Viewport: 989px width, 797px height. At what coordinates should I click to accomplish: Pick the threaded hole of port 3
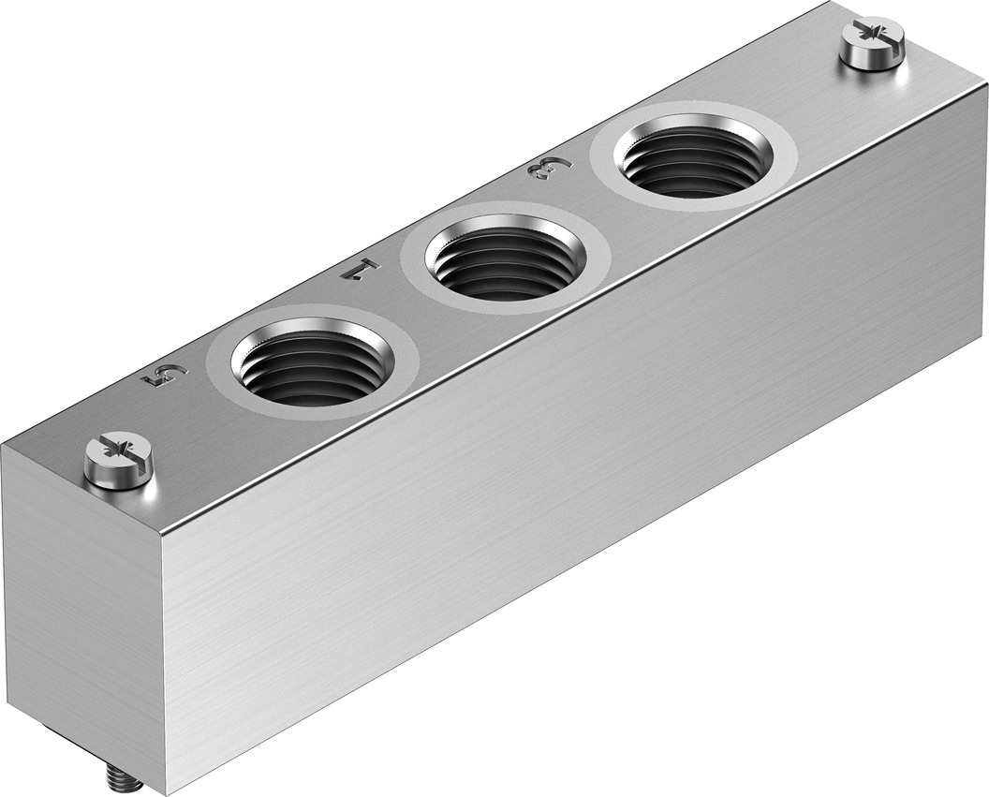coord(694,160)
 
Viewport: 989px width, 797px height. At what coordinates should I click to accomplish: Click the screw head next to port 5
coord(119,456)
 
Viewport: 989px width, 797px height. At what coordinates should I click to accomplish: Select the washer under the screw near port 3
coord(873,62)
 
